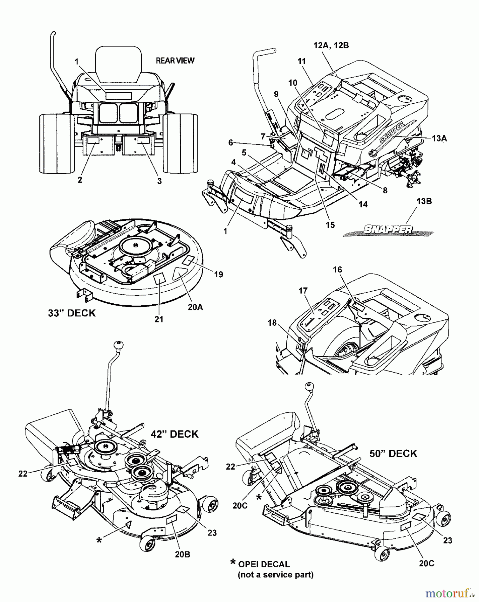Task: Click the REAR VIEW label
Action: click(175, 61)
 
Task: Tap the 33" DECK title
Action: click(72, 313)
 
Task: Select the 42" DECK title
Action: click(175, 434)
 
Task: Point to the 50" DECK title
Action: click(393, 454)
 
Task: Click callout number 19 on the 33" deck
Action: click(218, 275)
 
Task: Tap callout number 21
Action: click(159, 319)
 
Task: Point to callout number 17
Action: click(303, 291)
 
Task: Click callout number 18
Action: click(272, 323)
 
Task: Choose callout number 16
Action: click(337, 270)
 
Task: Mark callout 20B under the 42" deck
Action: click(183, 555)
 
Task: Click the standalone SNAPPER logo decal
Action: click(388, 229)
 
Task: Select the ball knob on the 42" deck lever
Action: click(118, 345)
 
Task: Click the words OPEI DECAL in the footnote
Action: click(264, 564)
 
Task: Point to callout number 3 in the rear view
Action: click(159, 181)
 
